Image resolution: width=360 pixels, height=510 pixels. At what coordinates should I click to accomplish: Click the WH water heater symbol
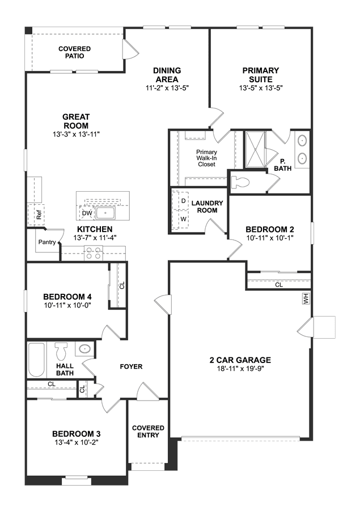[306, 298]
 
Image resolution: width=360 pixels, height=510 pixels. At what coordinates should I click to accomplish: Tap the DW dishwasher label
[87, 213]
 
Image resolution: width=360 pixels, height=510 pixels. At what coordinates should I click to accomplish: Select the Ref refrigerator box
[36, 214]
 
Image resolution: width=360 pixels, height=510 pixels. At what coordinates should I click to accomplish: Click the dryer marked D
[184, 201]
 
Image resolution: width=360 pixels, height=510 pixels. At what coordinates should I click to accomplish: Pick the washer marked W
[184, 219]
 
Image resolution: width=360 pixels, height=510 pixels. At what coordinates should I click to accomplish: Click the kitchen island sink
[105, 213]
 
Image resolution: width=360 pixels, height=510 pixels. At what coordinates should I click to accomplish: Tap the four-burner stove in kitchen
[94, 253]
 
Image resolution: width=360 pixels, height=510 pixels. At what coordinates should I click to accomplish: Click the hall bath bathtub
[36, 360]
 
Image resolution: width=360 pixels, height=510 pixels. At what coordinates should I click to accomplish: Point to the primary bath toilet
[239, 183]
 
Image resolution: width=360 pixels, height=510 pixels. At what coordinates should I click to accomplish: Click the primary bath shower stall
[255, 149]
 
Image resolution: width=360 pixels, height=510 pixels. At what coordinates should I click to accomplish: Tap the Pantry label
[47, 242]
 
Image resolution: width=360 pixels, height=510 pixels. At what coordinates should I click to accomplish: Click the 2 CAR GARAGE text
[240, 360]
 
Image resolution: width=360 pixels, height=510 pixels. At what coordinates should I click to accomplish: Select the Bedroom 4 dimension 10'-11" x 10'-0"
[67, 305]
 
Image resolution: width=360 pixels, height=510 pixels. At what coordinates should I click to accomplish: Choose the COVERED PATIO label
[74, 52]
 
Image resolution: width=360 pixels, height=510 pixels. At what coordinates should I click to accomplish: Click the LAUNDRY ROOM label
[207, 206]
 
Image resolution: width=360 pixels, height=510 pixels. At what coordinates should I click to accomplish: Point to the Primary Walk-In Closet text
[206, 158]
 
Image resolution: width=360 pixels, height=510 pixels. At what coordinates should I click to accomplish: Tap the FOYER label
[132, 366]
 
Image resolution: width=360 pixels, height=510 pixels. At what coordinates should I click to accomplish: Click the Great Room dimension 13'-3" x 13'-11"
[76, 134]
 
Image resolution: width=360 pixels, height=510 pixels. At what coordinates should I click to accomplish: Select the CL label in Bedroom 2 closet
[279, 285]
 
